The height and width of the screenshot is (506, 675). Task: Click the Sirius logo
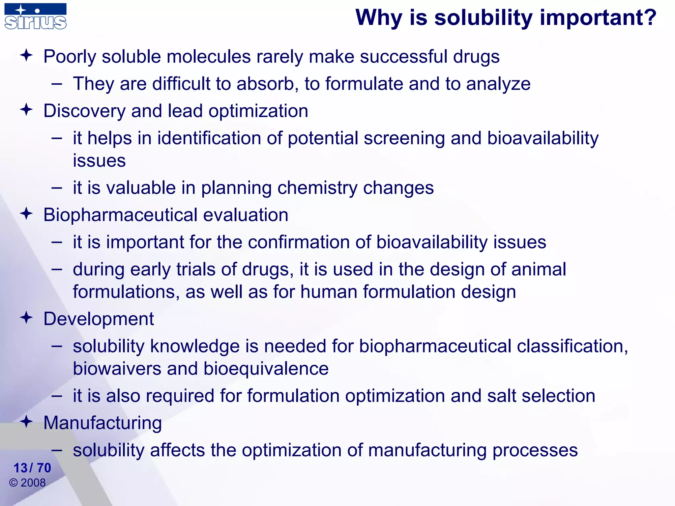tap(36, 16)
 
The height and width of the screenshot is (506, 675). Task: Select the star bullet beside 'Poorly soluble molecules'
tap(26, 55)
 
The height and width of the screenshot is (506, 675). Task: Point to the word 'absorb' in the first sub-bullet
tap(265, 84)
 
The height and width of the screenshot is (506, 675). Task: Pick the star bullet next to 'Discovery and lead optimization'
tap(26, 110)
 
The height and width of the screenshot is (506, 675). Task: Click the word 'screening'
tap(404, 138)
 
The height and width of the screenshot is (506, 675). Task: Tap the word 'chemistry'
tap(317, 188)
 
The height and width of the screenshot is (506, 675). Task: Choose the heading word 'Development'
tap(99, 319)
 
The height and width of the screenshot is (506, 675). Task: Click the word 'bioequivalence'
tap(266, 369)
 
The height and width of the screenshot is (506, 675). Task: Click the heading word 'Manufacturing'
tap(103, 423)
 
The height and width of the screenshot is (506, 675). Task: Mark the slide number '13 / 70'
tap(32, 468)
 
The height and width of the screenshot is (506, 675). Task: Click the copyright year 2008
tap(33, 483)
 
